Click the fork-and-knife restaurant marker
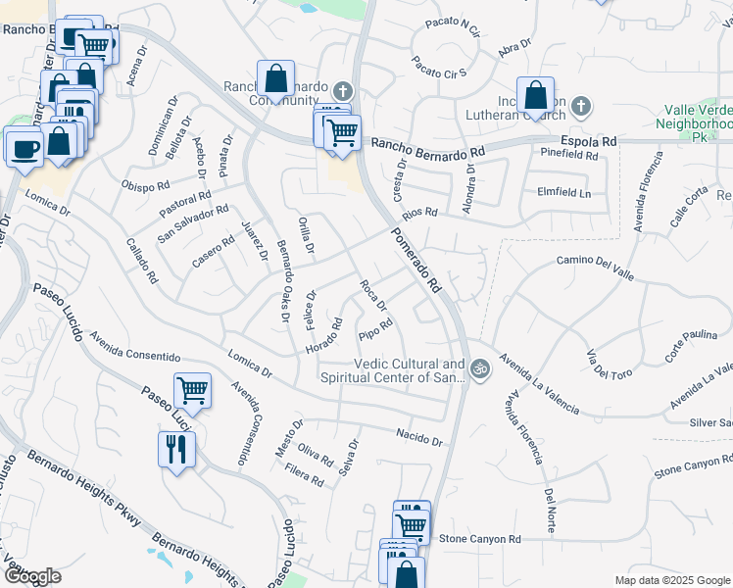176,450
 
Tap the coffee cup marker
24,148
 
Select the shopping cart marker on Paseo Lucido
193,391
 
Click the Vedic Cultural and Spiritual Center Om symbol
479,369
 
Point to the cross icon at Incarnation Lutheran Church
580,106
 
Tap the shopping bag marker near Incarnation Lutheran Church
535,96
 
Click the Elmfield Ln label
564,193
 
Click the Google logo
33,576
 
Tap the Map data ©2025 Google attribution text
671,580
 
